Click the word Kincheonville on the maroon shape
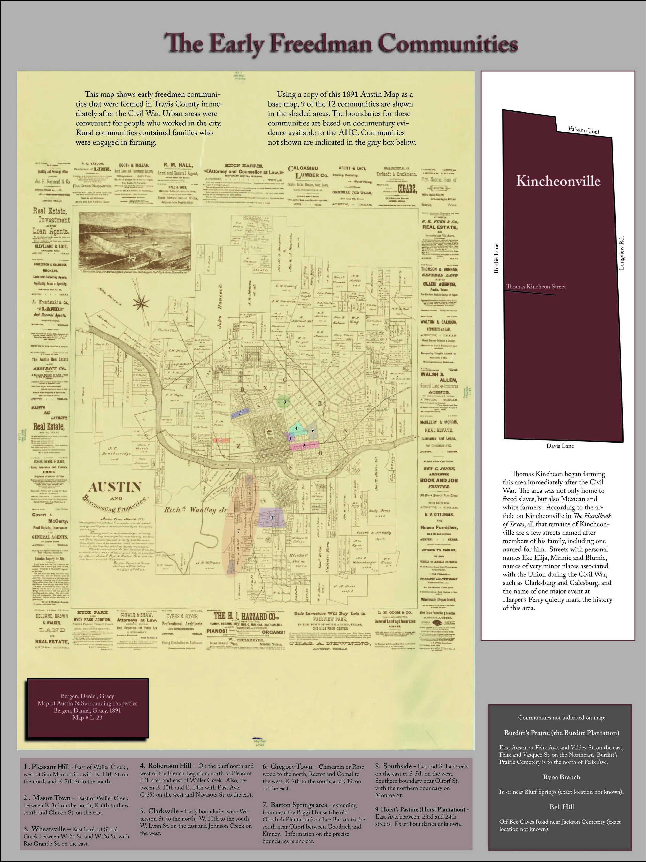point(558,181)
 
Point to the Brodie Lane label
point(496,258)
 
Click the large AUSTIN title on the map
point(114,487)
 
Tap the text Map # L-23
point(87,717)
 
